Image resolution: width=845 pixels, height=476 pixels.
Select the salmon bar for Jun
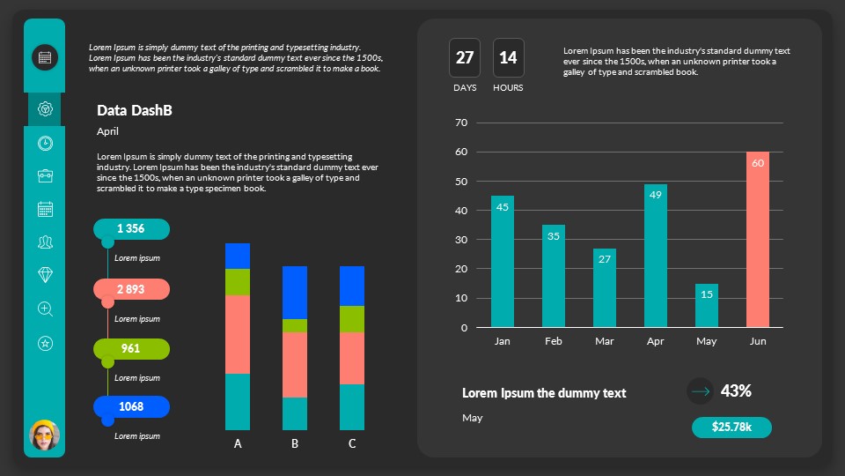(757, 240)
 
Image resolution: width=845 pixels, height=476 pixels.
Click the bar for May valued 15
(706, 305)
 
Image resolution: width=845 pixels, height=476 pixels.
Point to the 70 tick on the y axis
(460, 123)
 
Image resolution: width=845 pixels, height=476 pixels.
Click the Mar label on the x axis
(604, 341)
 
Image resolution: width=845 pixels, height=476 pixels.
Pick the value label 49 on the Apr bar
(655, 195)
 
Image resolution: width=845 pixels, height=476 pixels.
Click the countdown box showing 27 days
(465, 58)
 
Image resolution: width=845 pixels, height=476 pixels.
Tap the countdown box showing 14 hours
(508, 58)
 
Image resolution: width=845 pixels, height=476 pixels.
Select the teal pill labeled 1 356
(131, 229)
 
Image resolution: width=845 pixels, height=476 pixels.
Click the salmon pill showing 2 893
(131, 289)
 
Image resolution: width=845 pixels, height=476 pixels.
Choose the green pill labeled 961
(131, 349)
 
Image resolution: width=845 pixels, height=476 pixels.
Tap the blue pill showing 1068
(131, 406)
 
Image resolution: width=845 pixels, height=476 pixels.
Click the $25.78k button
(731, 428)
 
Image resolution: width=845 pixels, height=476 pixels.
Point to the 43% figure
(736, 390)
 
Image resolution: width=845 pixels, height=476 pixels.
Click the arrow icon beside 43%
(700, 390)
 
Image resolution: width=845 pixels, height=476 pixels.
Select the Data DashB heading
(134, 110)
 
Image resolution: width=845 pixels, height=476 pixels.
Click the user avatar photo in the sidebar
(45, 435)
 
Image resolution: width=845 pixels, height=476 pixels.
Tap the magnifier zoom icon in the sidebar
(46, 309)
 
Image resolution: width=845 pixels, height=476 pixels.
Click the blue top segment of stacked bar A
(238, 256)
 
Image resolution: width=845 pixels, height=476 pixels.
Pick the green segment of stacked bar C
(352, 318)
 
